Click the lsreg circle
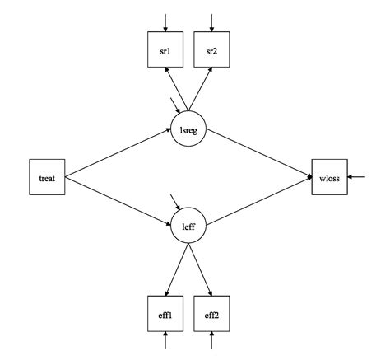(188, 128)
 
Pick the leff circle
(188, 226)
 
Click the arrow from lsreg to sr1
(177, 91)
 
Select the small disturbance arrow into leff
(174, 202)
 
